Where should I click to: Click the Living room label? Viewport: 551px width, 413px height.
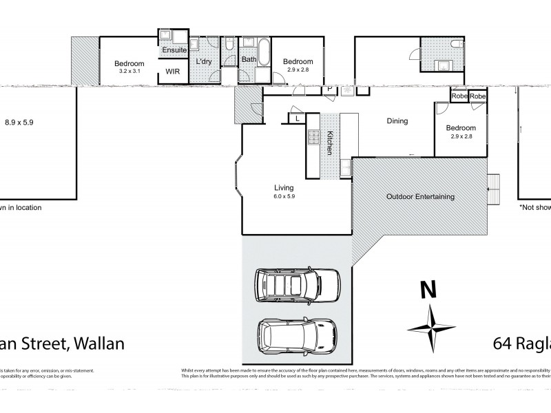(284, 187)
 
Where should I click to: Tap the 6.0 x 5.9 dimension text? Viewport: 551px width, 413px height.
(284, 195)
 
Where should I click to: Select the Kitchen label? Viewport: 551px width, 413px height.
(330, 142)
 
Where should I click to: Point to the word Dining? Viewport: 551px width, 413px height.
(397, 121)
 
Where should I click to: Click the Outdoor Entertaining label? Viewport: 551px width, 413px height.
(419, 197)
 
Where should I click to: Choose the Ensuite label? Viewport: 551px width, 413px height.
(174, 50)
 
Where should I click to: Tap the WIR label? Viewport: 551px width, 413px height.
(171, 70)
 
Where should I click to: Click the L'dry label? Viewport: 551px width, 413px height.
(204, 63)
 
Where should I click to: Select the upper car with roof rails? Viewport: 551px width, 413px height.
(298, 284)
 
